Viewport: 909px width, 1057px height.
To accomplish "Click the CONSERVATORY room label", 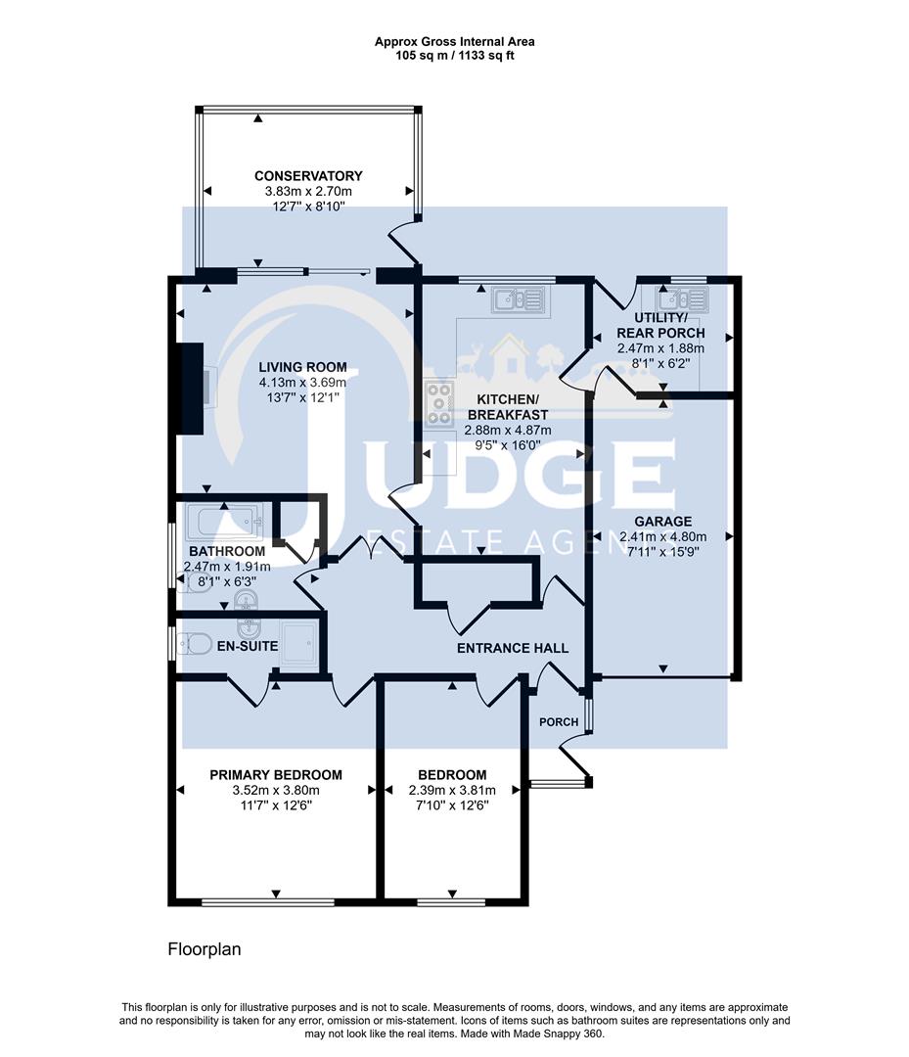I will pos(308,176).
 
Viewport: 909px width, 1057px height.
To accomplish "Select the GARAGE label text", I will pos(662,522).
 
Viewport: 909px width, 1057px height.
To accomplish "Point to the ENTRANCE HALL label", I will pos(513,648).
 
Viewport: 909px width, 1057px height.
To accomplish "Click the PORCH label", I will pos(559,722).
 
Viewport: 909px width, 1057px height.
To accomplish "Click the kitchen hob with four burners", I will pos(439,404).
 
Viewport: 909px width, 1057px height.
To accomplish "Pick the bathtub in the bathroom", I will pos(226,521).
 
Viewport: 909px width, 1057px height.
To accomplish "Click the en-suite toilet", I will pos(195,644).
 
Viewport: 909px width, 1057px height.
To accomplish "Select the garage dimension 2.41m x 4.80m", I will pos(662,536).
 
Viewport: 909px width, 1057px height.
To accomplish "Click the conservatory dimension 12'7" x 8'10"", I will pos(308,207).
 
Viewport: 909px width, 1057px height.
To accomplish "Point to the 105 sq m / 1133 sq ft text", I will pos(454,56).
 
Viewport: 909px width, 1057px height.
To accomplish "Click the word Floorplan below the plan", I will pos(205,949).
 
